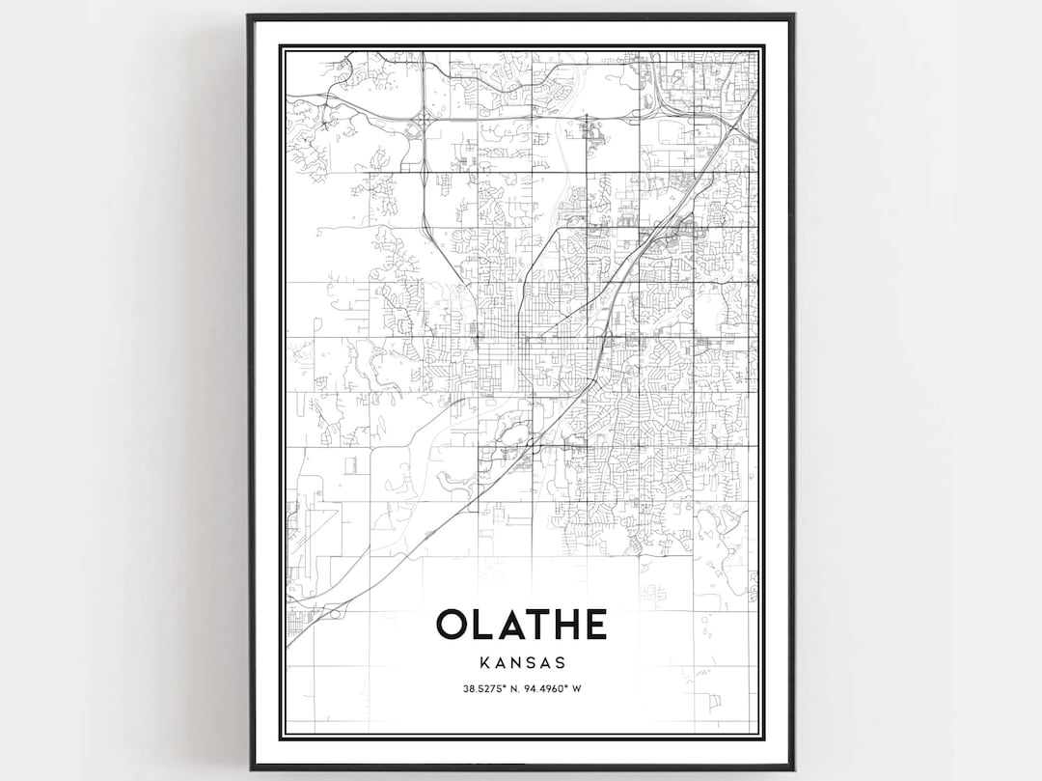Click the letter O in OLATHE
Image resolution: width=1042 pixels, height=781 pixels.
tap(452, 625)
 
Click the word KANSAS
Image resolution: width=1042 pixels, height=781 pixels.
tap(521, 663)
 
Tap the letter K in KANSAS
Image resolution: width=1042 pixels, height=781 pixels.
tap(482, 663)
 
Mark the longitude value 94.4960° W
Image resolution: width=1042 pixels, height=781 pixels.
tap(551, 689)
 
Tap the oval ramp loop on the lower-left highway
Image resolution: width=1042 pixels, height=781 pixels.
tap(335, 610)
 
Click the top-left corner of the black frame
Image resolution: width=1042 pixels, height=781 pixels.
tap(249, 15)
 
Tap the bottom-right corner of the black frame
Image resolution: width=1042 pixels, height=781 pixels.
tap(793, 768)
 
